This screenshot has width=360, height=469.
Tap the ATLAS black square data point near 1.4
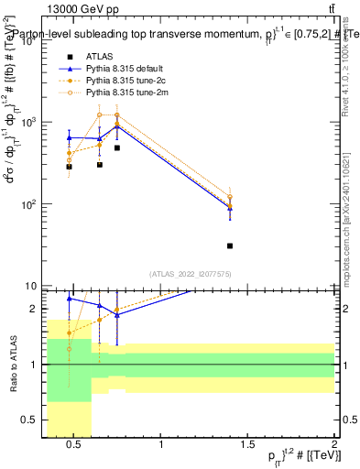coord(230,245)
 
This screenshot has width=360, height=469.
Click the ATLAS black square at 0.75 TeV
coord(117,147)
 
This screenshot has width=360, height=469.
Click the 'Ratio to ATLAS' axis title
coord(13,363)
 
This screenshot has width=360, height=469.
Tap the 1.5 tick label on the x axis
coord(247,446)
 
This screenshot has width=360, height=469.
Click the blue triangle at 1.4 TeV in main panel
coord(230,209)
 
